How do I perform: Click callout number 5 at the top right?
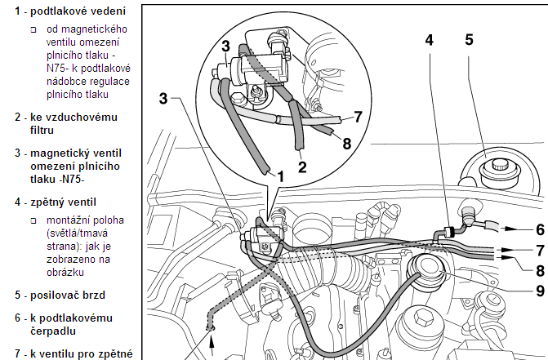469,39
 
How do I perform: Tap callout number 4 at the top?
430,39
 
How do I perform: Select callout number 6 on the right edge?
539,229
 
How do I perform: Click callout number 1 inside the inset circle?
279,175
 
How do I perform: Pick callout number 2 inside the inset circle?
301,168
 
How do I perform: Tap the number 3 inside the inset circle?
225,48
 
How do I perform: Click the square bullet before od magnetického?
33,29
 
